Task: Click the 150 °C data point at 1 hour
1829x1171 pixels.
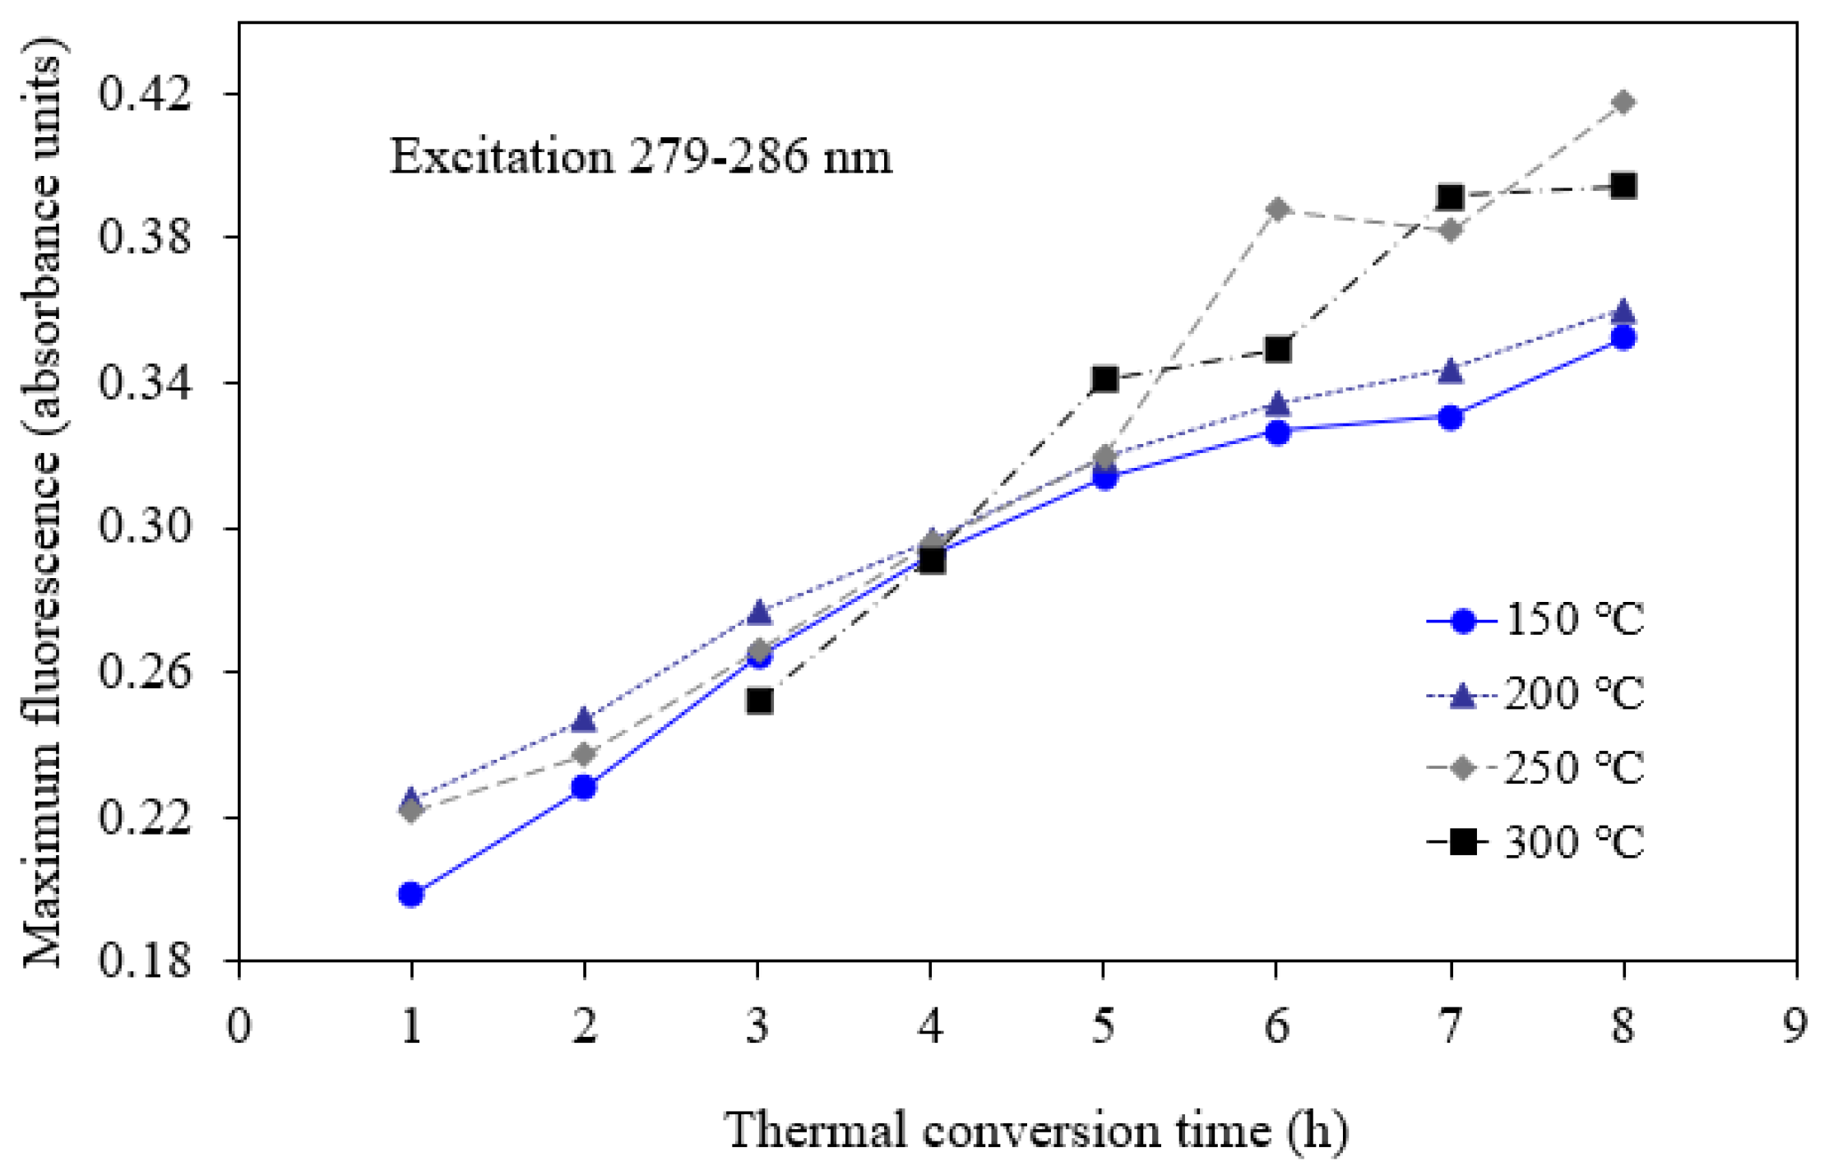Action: (x=411, y=894)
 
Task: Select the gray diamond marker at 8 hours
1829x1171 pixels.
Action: (x=1623, y=103)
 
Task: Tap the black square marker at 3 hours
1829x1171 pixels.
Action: (x=759, y=701)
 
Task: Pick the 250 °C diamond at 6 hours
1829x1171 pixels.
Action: (x=1277, y=209)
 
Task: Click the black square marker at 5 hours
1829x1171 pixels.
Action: (x=1104, y=379)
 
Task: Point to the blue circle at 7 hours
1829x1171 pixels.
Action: (x=1451, y=418)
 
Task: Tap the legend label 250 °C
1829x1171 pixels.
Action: (x=1572, y=768)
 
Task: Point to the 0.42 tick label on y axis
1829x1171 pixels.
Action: (x=145, y=94)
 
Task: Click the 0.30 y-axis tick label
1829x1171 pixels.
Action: (x=145, y=526)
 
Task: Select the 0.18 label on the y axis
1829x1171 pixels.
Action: (x=145, y=960)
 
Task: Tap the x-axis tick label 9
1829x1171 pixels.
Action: (x=1795, y=1027)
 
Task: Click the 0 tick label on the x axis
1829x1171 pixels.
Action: (x=238, y=1027)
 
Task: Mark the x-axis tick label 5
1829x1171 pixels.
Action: (x=1104, y=1027)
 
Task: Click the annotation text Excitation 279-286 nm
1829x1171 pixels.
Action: (x=640, y=156)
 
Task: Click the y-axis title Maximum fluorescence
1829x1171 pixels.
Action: (x=43, y=510)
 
